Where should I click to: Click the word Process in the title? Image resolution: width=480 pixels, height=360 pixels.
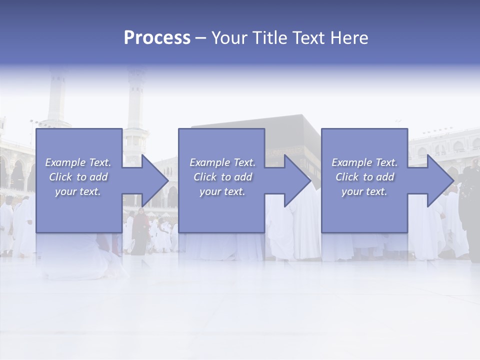coord(157,38)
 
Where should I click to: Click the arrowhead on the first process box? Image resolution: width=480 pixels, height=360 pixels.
coord(153,180)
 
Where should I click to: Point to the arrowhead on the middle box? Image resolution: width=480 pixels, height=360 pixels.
coord(295,180)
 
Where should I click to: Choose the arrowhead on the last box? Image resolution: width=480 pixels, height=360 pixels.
coord(438,180)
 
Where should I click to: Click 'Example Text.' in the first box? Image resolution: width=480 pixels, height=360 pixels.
coord(78,162)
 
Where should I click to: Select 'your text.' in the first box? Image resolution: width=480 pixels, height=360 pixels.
coord(78,191)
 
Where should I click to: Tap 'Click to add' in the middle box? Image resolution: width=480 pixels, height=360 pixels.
coord(222,177)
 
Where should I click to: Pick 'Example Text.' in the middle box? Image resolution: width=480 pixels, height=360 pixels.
coord(222,162)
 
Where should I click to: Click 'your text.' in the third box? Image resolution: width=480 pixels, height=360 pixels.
coord(364,191)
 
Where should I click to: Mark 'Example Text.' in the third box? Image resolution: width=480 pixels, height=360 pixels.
coord(364,162)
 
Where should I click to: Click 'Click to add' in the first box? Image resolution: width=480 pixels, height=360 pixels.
coord(78,177)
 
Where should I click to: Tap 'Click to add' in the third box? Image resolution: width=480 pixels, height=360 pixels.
coord(364,177)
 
